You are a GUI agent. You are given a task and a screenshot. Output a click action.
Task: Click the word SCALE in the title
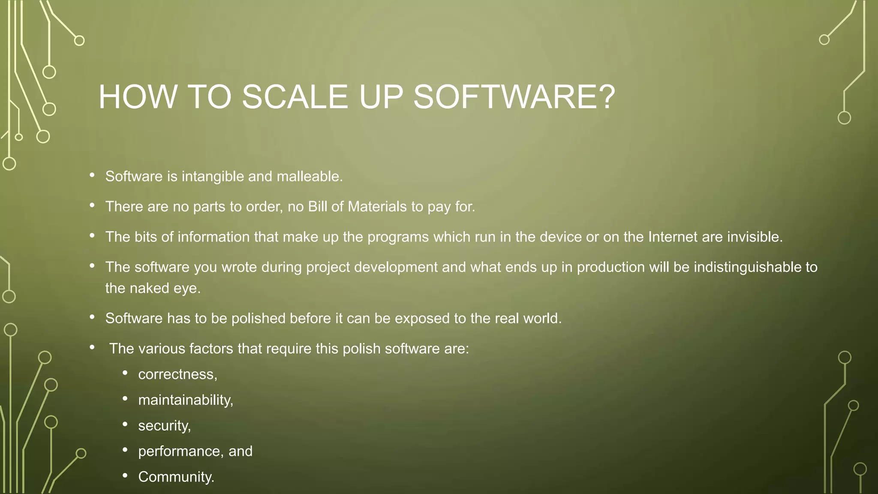[295, 97]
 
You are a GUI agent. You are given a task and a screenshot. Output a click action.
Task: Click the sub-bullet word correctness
[177, 374]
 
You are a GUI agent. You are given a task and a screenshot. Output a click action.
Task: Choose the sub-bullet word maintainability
[185, 400]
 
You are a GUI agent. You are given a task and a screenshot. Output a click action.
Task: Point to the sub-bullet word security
[164, 426]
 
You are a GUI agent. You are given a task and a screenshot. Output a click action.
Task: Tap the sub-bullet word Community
[176, 477]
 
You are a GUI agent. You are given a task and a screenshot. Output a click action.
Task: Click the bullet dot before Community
[125, 475]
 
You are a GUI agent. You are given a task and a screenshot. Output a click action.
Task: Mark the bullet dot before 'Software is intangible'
[92, 175]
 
